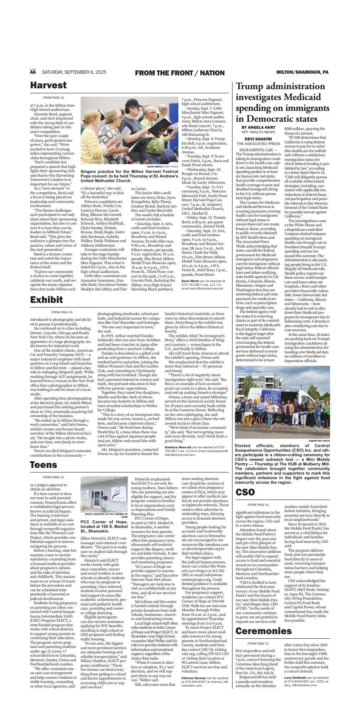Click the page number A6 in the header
coord(33,72)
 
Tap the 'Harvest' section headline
coord(48,85)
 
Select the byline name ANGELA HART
coord(261,127)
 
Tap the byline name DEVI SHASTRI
coord(258,139)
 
